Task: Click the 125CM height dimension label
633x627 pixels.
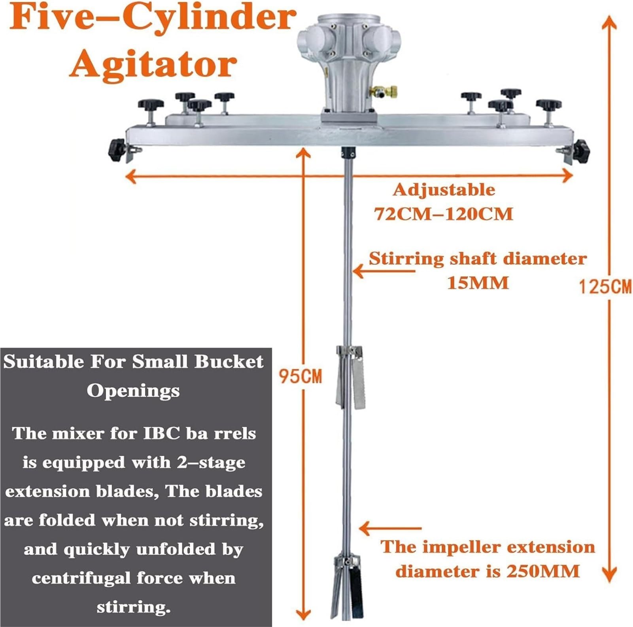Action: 605,286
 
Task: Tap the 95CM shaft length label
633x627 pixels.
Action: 300,376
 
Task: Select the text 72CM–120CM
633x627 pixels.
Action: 444,214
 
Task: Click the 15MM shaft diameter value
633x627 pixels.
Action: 478,283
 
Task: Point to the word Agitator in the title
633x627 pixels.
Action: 153,65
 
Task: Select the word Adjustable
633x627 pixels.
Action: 444,190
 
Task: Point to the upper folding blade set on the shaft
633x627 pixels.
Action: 350,377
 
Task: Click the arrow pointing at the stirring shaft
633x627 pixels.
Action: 384,271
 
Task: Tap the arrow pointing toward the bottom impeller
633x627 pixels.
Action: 390,528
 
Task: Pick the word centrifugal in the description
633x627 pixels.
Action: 81,578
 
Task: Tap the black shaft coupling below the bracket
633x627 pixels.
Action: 348,153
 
